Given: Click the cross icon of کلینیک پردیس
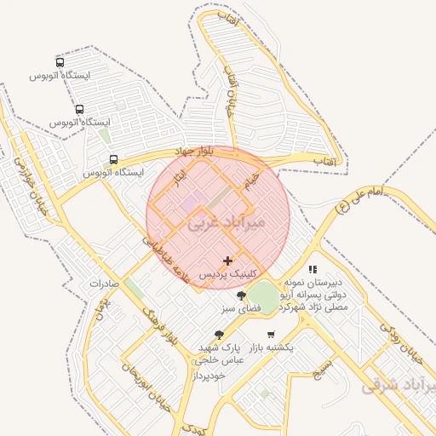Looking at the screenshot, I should (x=227, y=261).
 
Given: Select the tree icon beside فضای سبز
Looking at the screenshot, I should (x=241, y=295).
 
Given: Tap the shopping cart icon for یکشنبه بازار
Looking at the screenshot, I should (x=271, y=335).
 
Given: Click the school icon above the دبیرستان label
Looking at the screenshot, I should (x=313, y=268).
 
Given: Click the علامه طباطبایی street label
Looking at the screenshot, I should (x=165, y=260).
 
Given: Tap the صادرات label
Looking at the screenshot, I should (x=106, y=284).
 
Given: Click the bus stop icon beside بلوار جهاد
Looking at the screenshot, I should (x=113, y=159).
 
